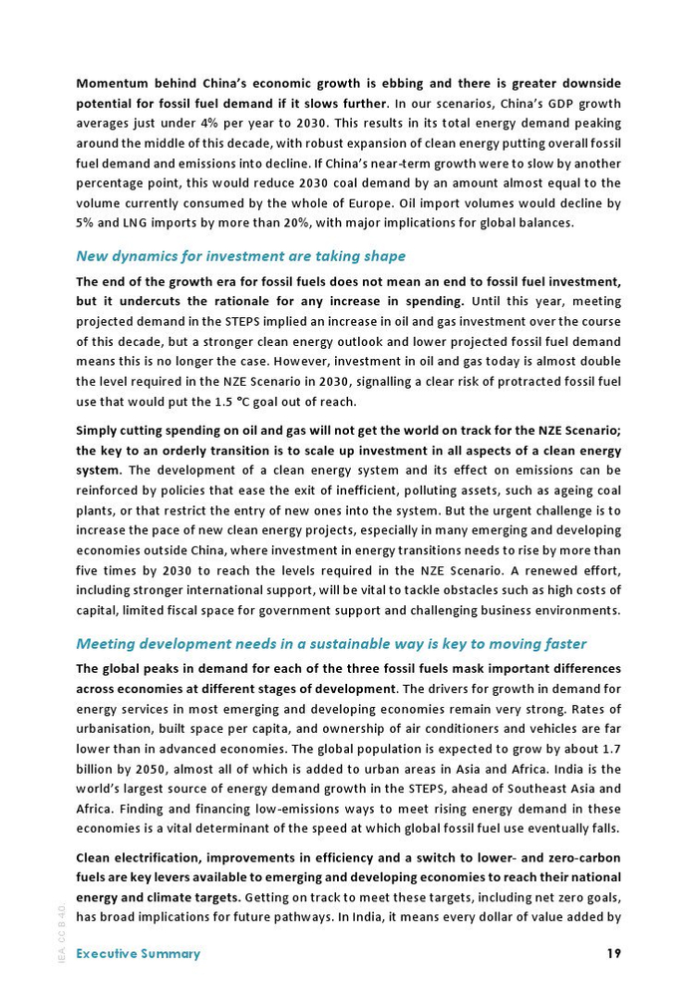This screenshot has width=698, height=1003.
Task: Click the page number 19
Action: click(613, 953)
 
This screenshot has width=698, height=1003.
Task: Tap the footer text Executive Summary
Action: click(138, 953)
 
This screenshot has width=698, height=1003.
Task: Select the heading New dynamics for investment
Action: click(240, 256)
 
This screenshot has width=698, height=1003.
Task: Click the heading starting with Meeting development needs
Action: click(331, 644)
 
